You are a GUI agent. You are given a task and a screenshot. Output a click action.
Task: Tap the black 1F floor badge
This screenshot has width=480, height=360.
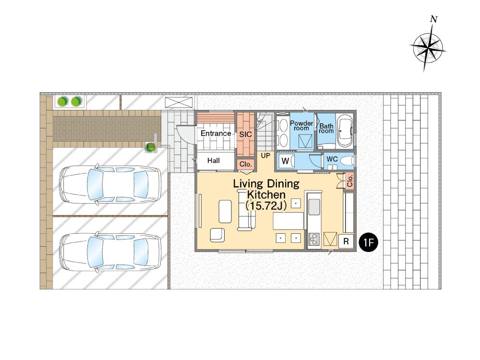pos(368,242)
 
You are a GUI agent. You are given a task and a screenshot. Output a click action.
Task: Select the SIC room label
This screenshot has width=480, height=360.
pos(245,134)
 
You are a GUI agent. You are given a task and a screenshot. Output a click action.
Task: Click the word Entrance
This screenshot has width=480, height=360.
pos(216,133)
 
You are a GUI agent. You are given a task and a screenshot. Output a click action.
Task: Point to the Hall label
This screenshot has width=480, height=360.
pos(214,160)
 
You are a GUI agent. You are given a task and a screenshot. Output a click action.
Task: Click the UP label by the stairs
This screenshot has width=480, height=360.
pos(265,156)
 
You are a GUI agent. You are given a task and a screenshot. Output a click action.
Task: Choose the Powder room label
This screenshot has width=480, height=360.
pos(301,125)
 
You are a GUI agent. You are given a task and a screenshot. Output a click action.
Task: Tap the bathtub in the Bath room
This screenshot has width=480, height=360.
pos(345,132)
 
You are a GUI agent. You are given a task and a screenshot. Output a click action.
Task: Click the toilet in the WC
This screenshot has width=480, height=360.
pos(347,161)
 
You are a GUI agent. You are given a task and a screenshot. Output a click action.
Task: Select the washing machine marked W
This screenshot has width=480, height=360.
pos(287,161)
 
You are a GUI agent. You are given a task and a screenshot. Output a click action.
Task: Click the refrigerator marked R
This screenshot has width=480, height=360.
pos(346,241)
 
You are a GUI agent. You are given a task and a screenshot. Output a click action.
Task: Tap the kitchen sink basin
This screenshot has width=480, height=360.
pos(314,206)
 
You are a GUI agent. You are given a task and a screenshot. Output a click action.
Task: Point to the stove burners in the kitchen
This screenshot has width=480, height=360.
pos(314,239)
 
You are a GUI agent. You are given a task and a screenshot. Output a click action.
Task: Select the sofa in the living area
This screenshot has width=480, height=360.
pos(246,210)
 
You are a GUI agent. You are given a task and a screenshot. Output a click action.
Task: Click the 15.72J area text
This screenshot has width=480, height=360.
pos(266,206)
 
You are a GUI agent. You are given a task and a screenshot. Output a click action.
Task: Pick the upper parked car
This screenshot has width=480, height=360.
pos(110,184)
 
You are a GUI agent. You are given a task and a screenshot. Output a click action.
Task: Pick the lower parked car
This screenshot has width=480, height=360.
pos(110,252)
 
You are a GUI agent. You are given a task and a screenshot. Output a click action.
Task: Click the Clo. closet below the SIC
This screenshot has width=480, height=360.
pos(245,164)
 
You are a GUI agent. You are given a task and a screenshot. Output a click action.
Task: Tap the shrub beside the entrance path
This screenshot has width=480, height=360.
pos(150,147)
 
